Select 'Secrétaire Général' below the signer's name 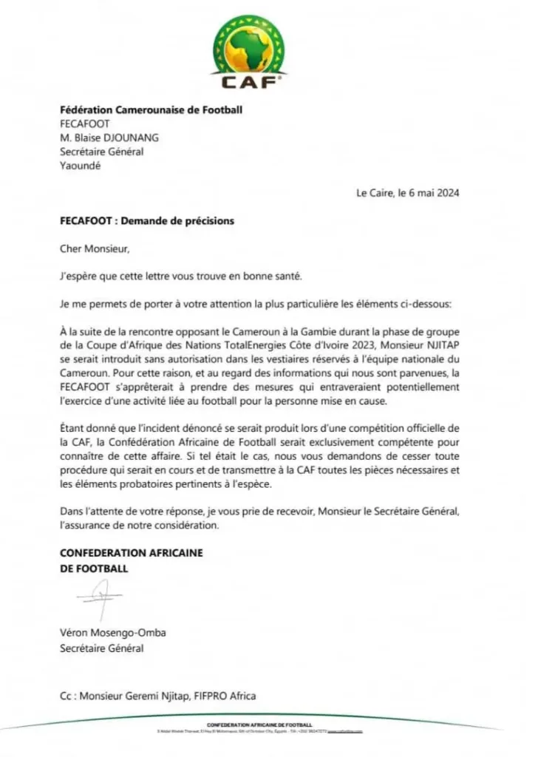point(102,649)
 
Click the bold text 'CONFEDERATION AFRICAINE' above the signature point(132,553)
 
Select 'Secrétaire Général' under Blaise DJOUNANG point(102,152)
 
